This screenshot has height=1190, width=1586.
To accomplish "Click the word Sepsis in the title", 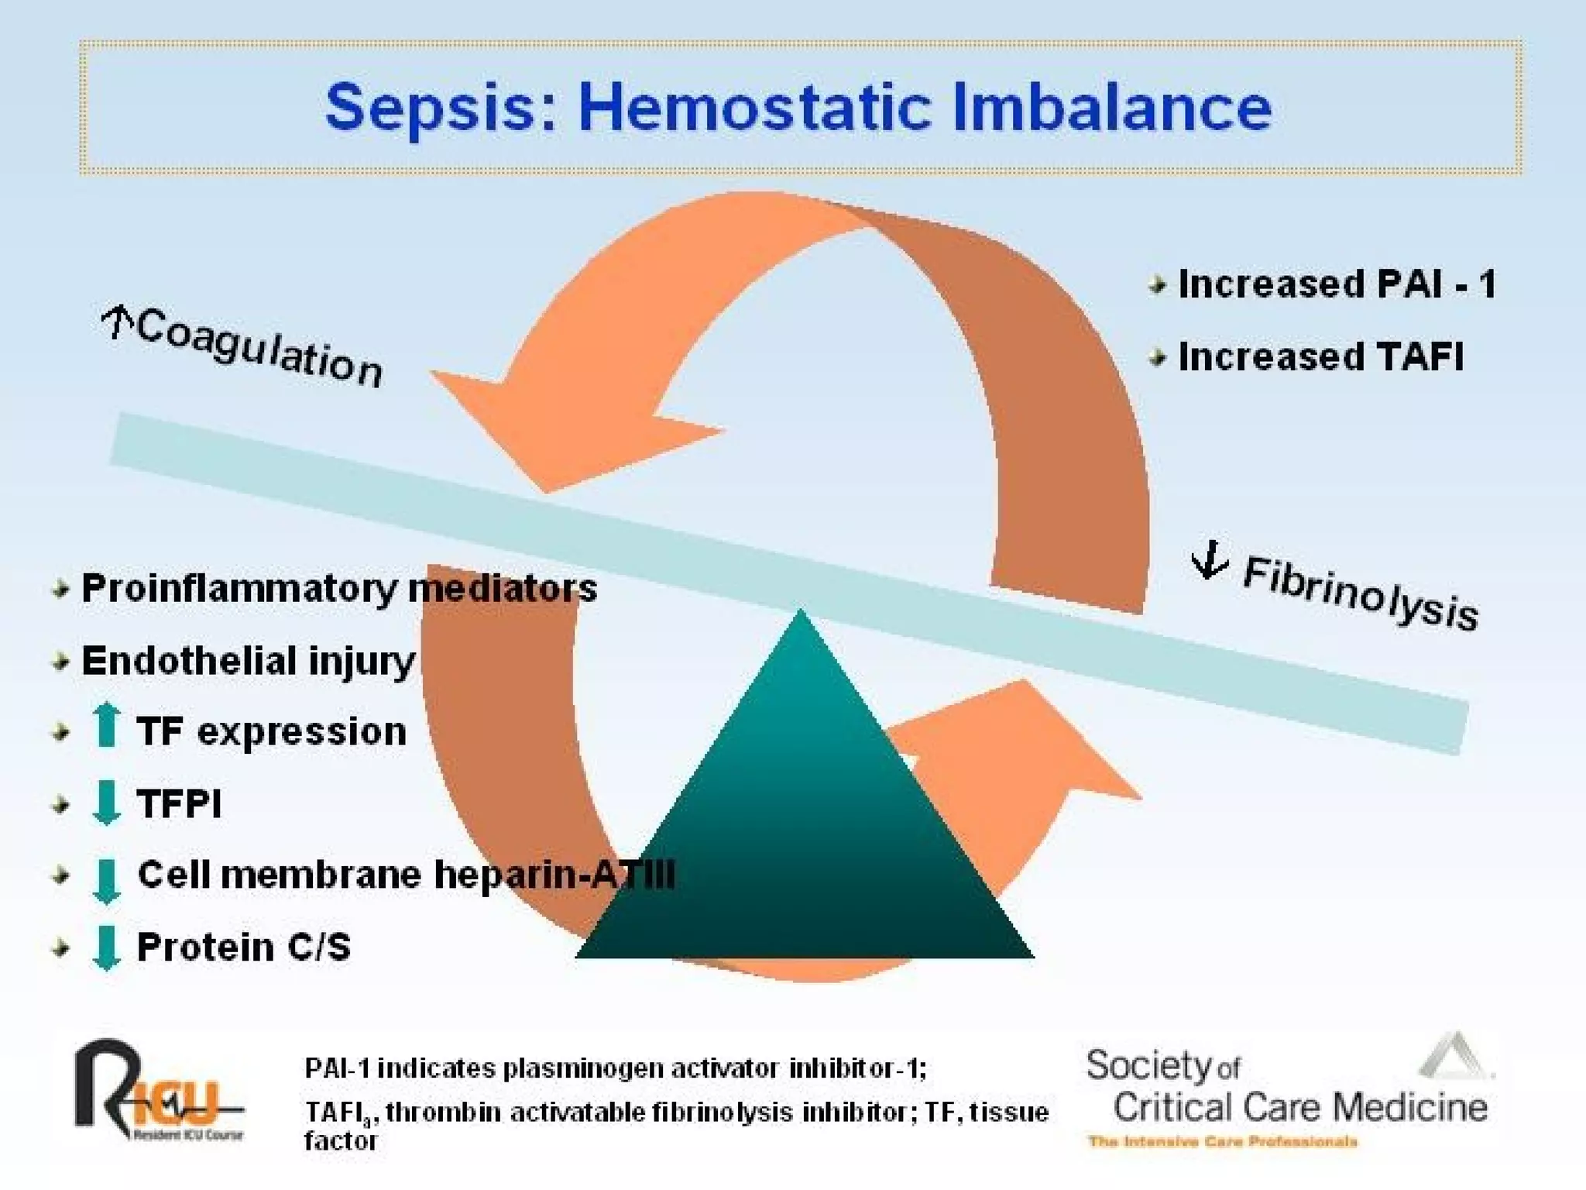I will [x=430, y=108].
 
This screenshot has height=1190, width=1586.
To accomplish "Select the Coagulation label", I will [x=259, y=347].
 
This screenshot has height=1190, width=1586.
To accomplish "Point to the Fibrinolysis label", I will [x=1360, y=593].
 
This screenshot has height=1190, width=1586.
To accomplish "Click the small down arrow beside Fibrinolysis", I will [x=1209, y=559].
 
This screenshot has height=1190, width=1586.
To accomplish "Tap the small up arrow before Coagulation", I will [x=117, y=321].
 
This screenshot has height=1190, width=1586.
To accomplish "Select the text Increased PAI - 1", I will [x=1337, y=284].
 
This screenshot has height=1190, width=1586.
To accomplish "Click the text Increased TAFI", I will [x=1320, y=356].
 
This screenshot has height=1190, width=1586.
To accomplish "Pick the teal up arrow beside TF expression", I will [x=106, y=725].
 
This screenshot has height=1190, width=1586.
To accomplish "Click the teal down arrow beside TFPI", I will [x=106, y=803].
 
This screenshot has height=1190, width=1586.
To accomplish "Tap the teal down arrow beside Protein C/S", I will [x=106, y=948].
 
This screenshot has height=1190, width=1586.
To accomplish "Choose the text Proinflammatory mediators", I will [x=339, y=588].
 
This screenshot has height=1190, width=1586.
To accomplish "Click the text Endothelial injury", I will [x=248, y=661].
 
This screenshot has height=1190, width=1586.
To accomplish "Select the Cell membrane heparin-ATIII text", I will [x=406, y=875].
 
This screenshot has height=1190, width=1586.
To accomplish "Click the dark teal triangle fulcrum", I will [x=804, y=837].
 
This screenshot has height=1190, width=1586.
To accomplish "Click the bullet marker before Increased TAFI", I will [x=1158, y=357].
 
